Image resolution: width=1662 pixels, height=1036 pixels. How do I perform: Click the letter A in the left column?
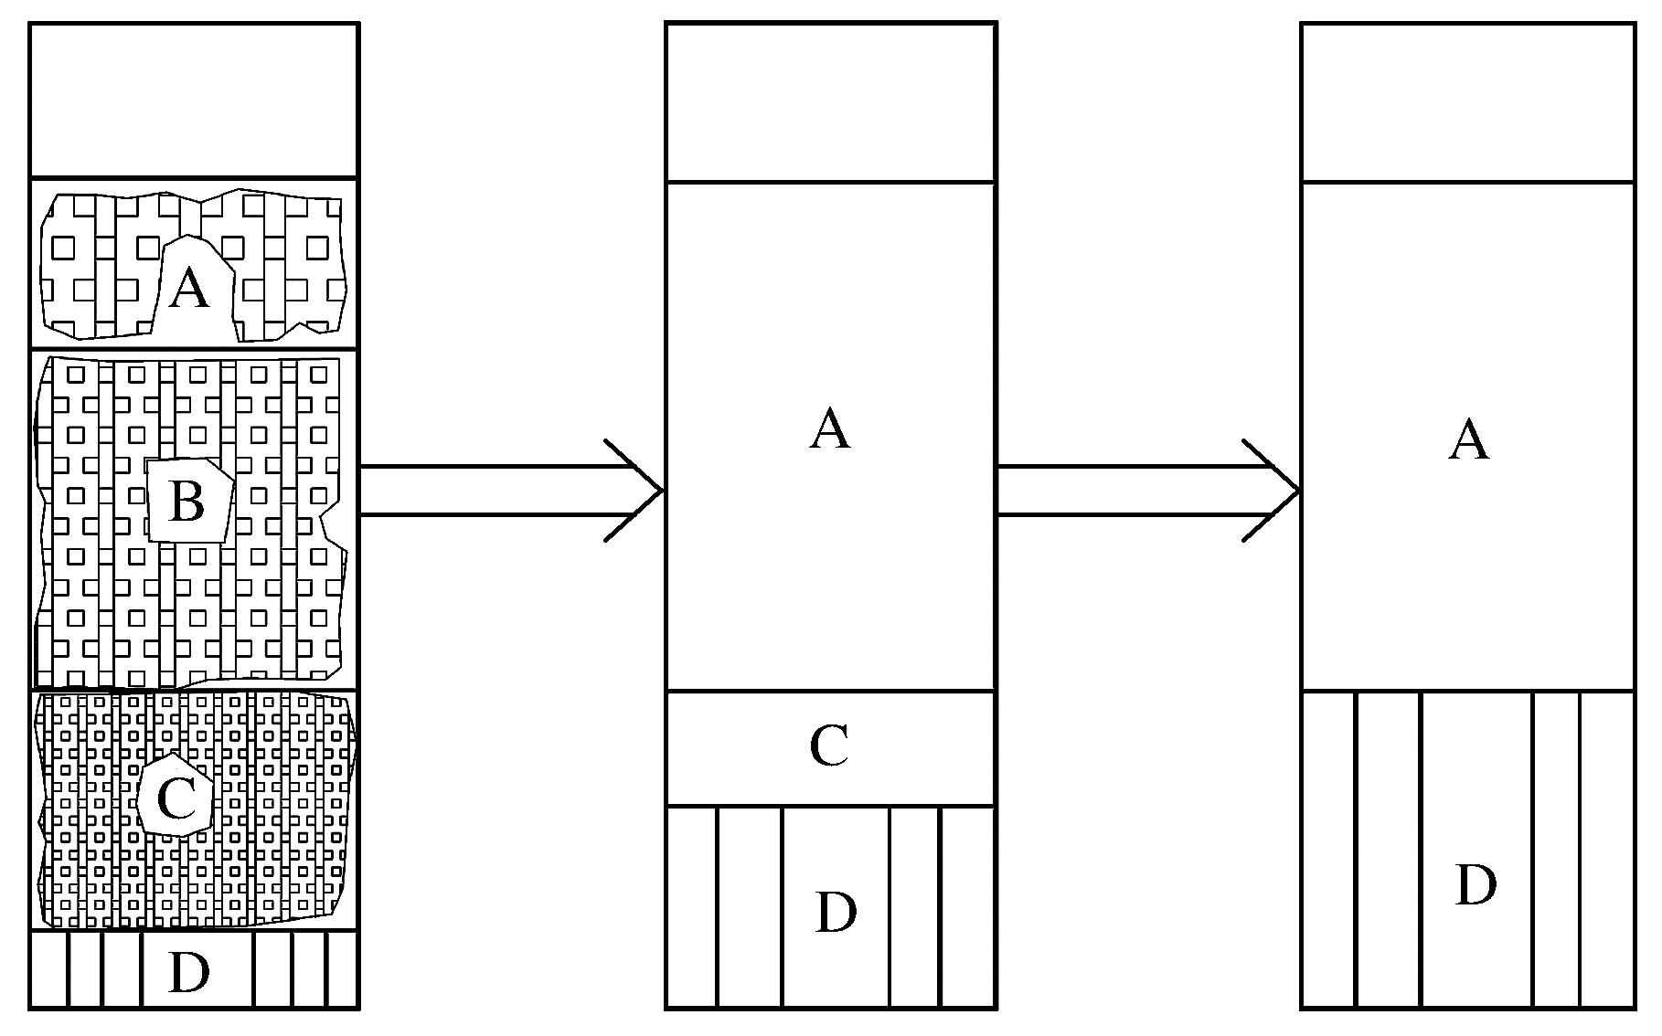point(189,289)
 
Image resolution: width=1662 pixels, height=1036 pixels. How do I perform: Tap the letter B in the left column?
point(187,502)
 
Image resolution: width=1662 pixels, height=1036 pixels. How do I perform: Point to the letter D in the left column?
point(189,974)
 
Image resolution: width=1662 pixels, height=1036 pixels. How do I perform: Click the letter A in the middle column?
point(830,430)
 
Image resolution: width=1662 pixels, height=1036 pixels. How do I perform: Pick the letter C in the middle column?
point(829,747)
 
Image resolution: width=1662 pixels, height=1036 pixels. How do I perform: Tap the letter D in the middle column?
point(835,913)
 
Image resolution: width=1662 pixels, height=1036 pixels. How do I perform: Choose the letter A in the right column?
point(1469,439)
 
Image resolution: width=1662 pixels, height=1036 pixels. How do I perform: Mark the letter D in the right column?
point(1475,885)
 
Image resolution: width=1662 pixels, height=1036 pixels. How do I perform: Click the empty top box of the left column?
point(193,100)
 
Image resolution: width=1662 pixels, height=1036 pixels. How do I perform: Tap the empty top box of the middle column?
point(830,102)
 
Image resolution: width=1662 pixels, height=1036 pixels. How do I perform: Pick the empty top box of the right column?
point(1467,102)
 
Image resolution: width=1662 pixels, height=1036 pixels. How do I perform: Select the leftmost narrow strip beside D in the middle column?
point(691,907)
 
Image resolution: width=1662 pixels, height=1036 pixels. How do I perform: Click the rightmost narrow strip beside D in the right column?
point(1606,850)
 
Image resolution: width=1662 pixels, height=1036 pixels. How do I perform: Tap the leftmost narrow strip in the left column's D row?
point(49,969)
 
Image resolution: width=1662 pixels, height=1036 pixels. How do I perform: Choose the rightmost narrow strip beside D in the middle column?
point(966,907)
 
